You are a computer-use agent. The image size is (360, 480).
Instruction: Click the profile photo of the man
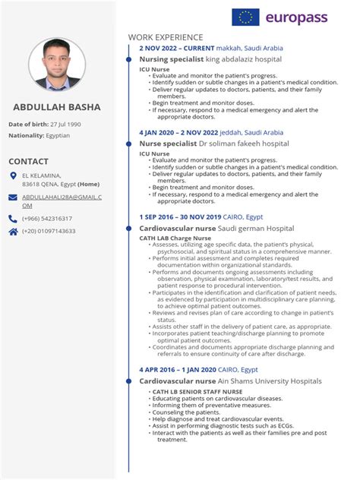point(57,64)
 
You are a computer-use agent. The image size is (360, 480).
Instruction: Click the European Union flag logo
point(245,17)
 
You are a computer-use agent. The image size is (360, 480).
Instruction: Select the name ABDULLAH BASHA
point(58,106)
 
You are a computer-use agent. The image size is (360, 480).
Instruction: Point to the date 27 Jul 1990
point(65,124)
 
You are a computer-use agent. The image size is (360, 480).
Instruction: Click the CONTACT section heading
point(28,162)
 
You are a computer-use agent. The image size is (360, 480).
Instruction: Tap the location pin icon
point(13,176)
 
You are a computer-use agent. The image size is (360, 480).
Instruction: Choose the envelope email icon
point(13,197)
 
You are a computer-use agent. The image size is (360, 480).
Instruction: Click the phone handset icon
point(13,219)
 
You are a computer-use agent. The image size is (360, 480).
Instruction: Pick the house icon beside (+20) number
point(13,231)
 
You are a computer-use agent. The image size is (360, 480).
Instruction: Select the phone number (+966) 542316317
point(48,219)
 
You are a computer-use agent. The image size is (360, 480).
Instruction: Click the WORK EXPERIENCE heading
point(166,36)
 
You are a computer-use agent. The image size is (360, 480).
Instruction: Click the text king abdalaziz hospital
point(239,58)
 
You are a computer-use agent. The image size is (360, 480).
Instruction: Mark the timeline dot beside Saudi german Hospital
point(132,228)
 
